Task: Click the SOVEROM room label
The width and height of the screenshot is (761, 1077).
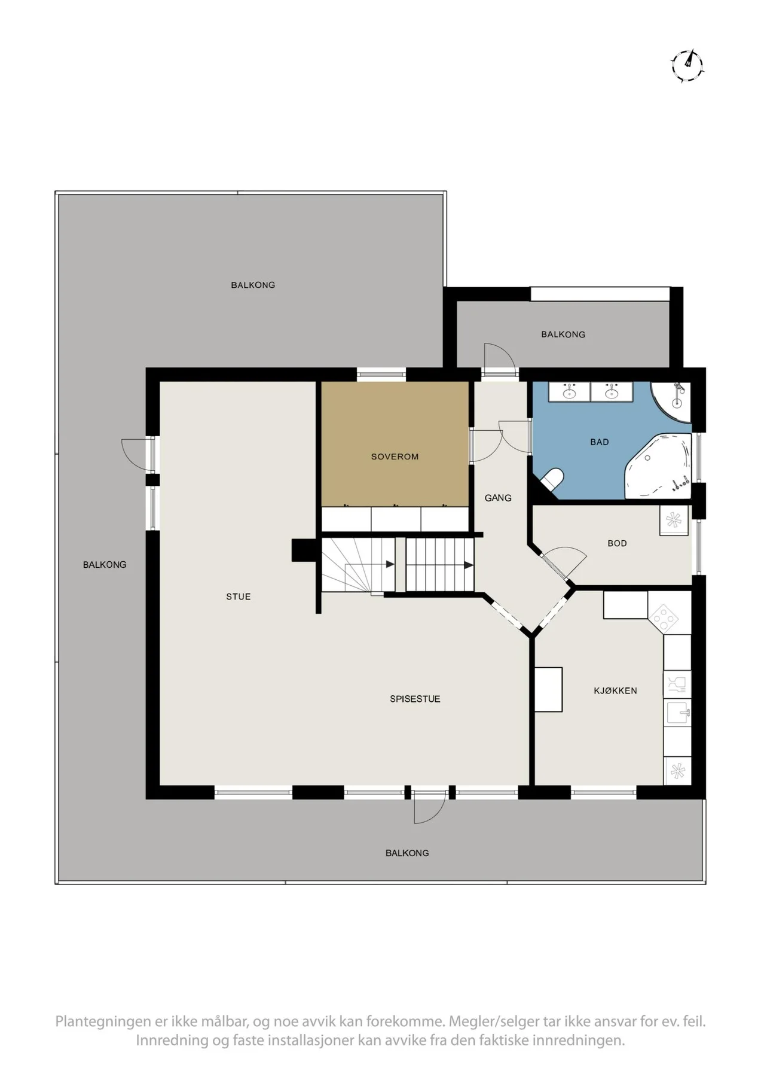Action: (395, 457)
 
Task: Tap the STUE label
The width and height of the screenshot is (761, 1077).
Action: (239, 597)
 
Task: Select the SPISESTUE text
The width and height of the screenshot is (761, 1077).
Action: (415, 699)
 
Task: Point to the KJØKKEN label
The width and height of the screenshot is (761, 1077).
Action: (615, 690)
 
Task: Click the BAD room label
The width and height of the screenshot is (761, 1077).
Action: (600, 442)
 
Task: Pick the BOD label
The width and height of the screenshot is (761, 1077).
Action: (617, 543)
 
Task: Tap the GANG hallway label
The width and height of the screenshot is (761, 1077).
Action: (498, 498)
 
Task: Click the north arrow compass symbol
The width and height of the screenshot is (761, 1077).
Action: (687, 65)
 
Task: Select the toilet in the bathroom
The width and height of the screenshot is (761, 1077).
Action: (552, 480)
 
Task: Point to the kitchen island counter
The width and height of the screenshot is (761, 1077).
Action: (548, 689)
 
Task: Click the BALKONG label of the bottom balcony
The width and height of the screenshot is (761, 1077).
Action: (407, 853)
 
